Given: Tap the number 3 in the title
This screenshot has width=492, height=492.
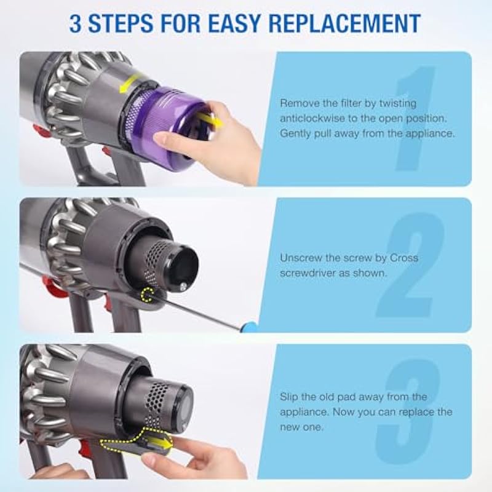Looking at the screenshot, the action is tap(75, 23).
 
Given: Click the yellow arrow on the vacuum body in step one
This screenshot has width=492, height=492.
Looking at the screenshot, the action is tap(131, 82).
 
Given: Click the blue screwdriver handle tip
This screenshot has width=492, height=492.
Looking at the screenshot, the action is tap(251, 328).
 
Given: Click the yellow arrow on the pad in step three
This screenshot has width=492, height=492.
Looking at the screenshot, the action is tap(161, 443).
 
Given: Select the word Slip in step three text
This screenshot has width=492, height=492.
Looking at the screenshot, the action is tap(288, 397).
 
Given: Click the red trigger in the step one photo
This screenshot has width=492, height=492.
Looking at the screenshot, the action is tap(39, 130).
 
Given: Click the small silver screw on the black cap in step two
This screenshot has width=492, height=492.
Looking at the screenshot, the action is tap(184, 285).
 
